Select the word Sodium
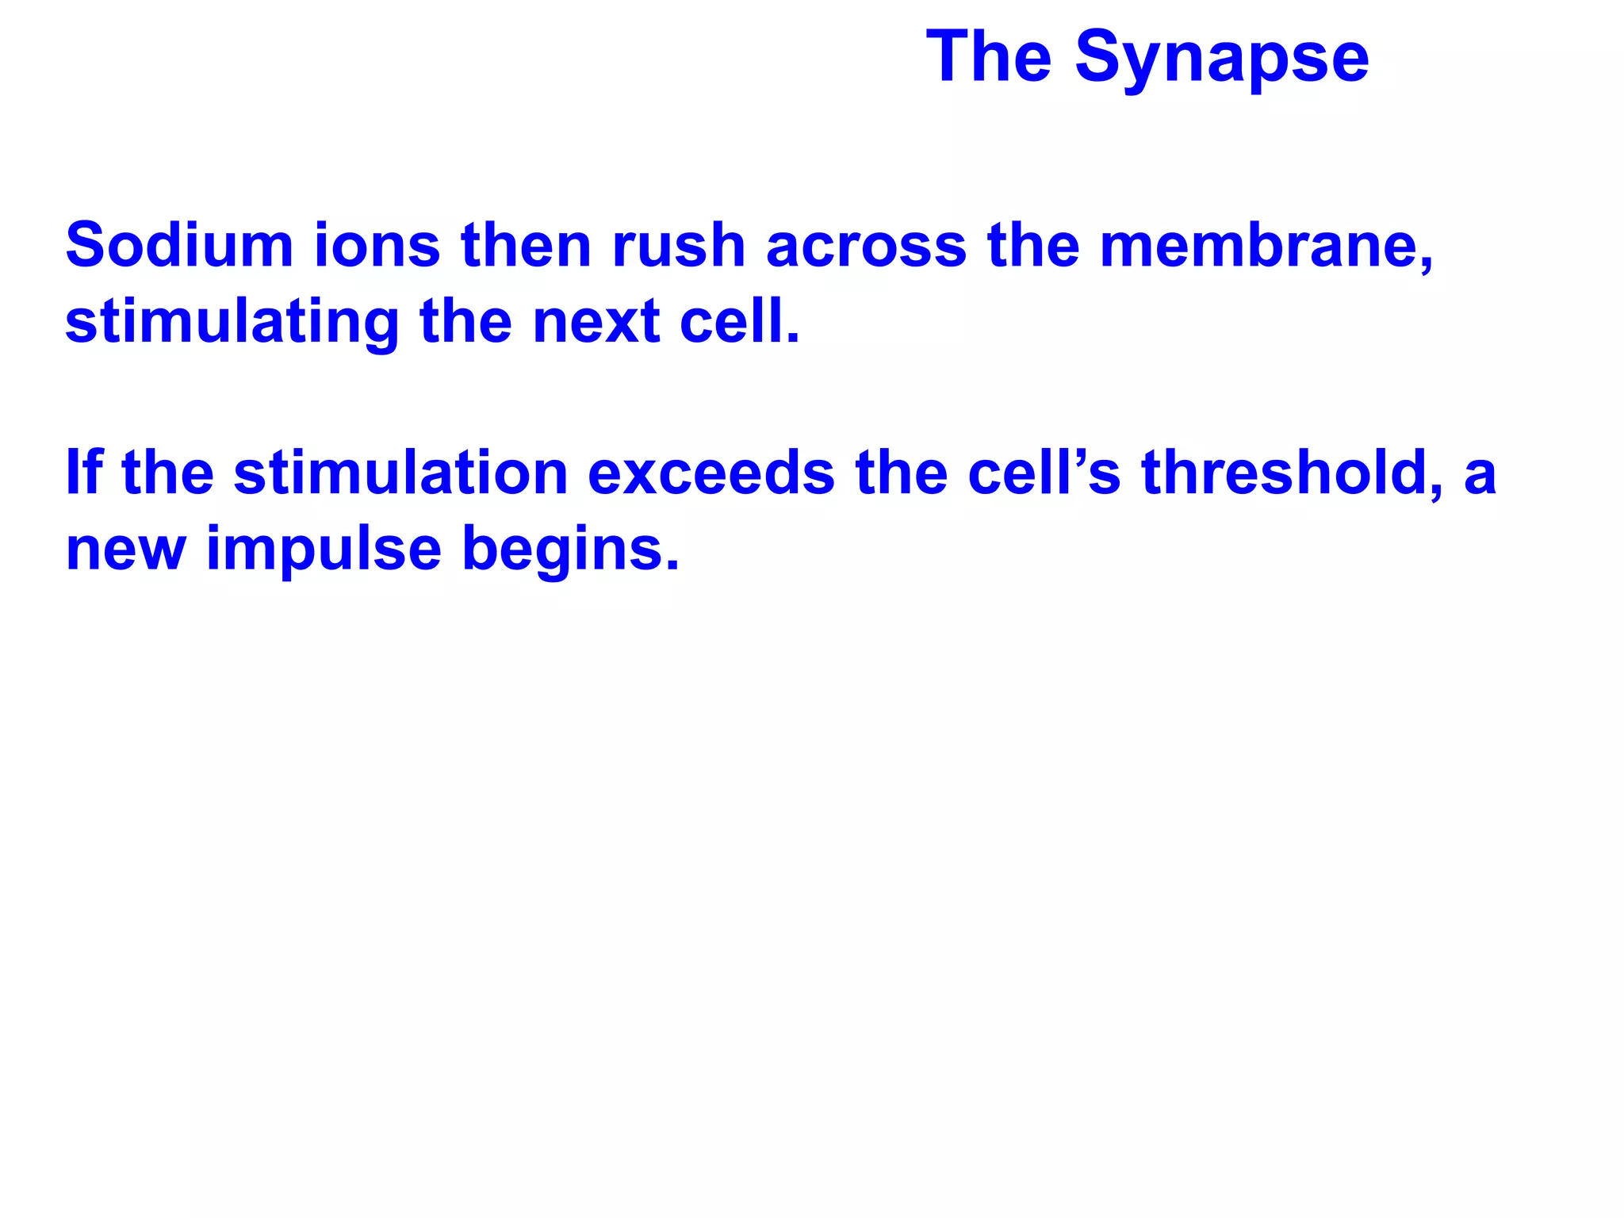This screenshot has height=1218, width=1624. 179,245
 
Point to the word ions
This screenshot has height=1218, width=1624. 377,245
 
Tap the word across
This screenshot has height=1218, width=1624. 866,245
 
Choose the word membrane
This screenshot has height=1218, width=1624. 1265,245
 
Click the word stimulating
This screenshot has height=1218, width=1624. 232,323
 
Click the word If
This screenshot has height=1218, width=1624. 84,473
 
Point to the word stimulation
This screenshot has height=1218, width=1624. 400,473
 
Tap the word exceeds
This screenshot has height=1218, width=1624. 711,473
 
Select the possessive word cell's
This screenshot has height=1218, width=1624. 1044,473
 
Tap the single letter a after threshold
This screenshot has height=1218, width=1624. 1480,475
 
